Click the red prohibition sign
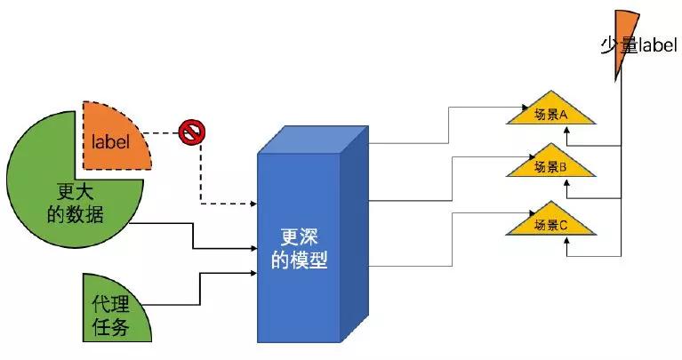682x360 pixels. pyautogui.click(x=191, y=133)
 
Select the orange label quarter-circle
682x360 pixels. pyautogui.click(x=116, y=133)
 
